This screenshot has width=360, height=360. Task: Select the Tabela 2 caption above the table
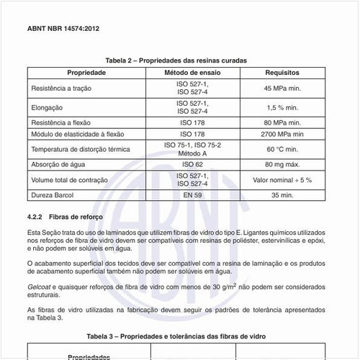pos(176,61)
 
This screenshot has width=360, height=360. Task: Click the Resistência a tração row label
pos(61,88)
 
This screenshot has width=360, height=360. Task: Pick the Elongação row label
pos(48,107)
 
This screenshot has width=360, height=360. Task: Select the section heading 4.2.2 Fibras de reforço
pos(66,217)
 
